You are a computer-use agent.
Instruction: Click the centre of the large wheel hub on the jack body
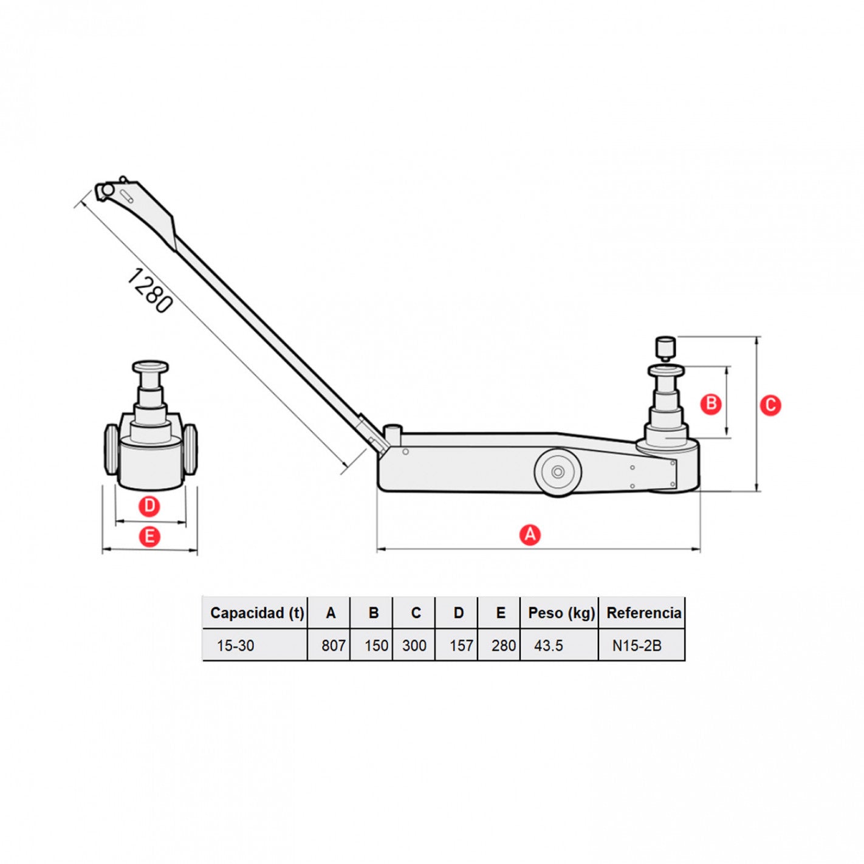[x=558, y=471]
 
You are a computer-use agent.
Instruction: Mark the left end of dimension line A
[x=377, y=548]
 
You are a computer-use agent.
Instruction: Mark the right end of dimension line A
[x=700, y=548]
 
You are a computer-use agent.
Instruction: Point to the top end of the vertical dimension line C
[x=756, y=337]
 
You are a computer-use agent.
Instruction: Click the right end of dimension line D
[x=186, y=521]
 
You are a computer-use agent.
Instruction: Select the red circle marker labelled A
[x=530, y=535]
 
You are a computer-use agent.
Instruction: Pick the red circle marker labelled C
[x=770, y=405]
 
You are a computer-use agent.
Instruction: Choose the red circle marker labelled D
[x=149, y=506]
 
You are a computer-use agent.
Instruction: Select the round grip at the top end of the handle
[x=107, y=190]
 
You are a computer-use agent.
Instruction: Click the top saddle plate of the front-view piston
[x=151, y=366]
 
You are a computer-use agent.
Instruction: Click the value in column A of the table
[x=333, y=646]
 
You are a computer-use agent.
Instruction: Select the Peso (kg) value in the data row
[x=548, y=646]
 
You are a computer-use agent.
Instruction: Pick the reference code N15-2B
[x=637, y=646]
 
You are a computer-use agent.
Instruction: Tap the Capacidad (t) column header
[x=257, y=613]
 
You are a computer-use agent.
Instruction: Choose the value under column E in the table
[x=504, y=646]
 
